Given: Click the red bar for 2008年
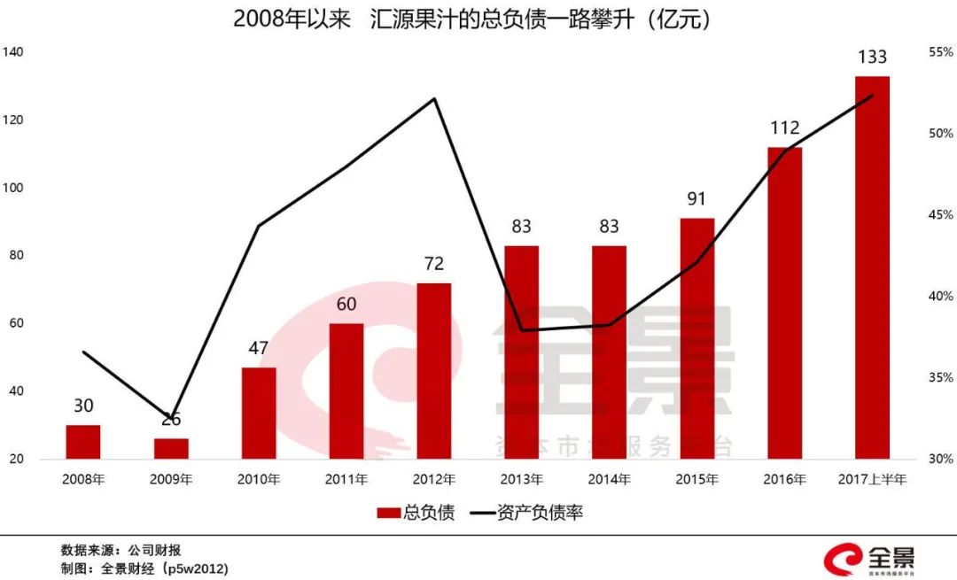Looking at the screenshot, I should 83,442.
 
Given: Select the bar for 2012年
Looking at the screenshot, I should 434,371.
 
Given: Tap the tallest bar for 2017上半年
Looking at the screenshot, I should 872,267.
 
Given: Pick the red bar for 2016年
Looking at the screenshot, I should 784,303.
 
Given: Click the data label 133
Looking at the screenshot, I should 872,58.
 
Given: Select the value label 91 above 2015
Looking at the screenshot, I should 696,199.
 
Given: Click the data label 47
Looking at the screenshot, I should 259,348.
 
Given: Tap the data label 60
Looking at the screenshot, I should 346,305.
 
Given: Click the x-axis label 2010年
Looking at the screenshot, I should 259,480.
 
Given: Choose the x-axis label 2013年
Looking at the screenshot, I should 522,480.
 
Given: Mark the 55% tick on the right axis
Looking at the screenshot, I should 940,52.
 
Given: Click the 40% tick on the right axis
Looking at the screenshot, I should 940,297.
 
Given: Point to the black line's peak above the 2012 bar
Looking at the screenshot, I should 434,98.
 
